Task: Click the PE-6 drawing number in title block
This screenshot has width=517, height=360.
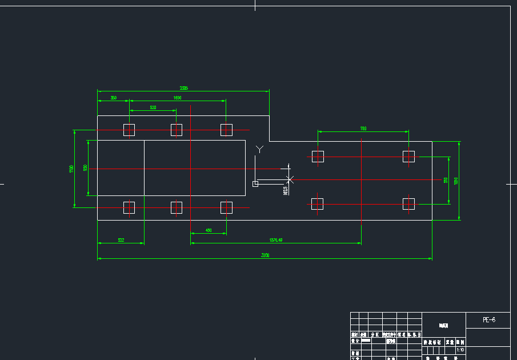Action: coord(488,320)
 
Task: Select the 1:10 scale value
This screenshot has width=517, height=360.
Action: coord(460,350)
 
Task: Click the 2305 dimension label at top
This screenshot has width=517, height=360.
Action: coord(184,89)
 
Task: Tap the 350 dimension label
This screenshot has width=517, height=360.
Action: coord(114,98)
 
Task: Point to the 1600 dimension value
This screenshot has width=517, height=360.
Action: coord(178,98)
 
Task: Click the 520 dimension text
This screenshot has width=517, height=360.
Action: coord(154,107)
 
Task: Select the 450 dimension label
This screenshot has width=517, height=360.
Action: coord(209,230)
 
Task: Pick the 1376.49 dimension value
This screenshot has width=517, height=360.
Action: coord(276,241)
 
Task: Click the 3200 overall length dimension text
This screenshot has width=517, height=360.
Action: coord(265,256)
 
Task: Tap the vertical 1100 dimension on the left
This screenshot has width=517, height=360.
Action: coord(71,169)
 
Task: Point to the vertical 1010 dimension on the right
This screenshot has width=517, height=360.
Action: coord(456,181)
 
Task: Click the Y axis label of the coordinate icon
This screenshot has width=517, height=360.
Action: coord(260,150)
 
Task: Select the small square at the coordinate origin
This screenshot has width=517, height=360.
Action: coord(255,183)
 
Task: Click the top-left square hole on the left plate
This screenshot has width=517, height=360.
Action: coord(129,130)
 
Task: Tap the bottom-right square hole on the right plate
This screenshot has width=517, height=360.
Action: coord(408,204)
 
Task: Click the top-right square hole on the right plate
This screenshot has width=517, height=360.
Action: coord(408,157)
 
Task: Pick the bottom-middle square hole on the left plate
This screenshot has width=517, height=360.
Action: coord(177,207)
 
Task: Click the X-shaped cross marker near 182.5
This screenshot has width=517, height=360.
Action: coord(290,179)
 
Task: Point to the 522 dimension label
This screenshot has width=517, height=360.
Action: coord(121,241)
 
